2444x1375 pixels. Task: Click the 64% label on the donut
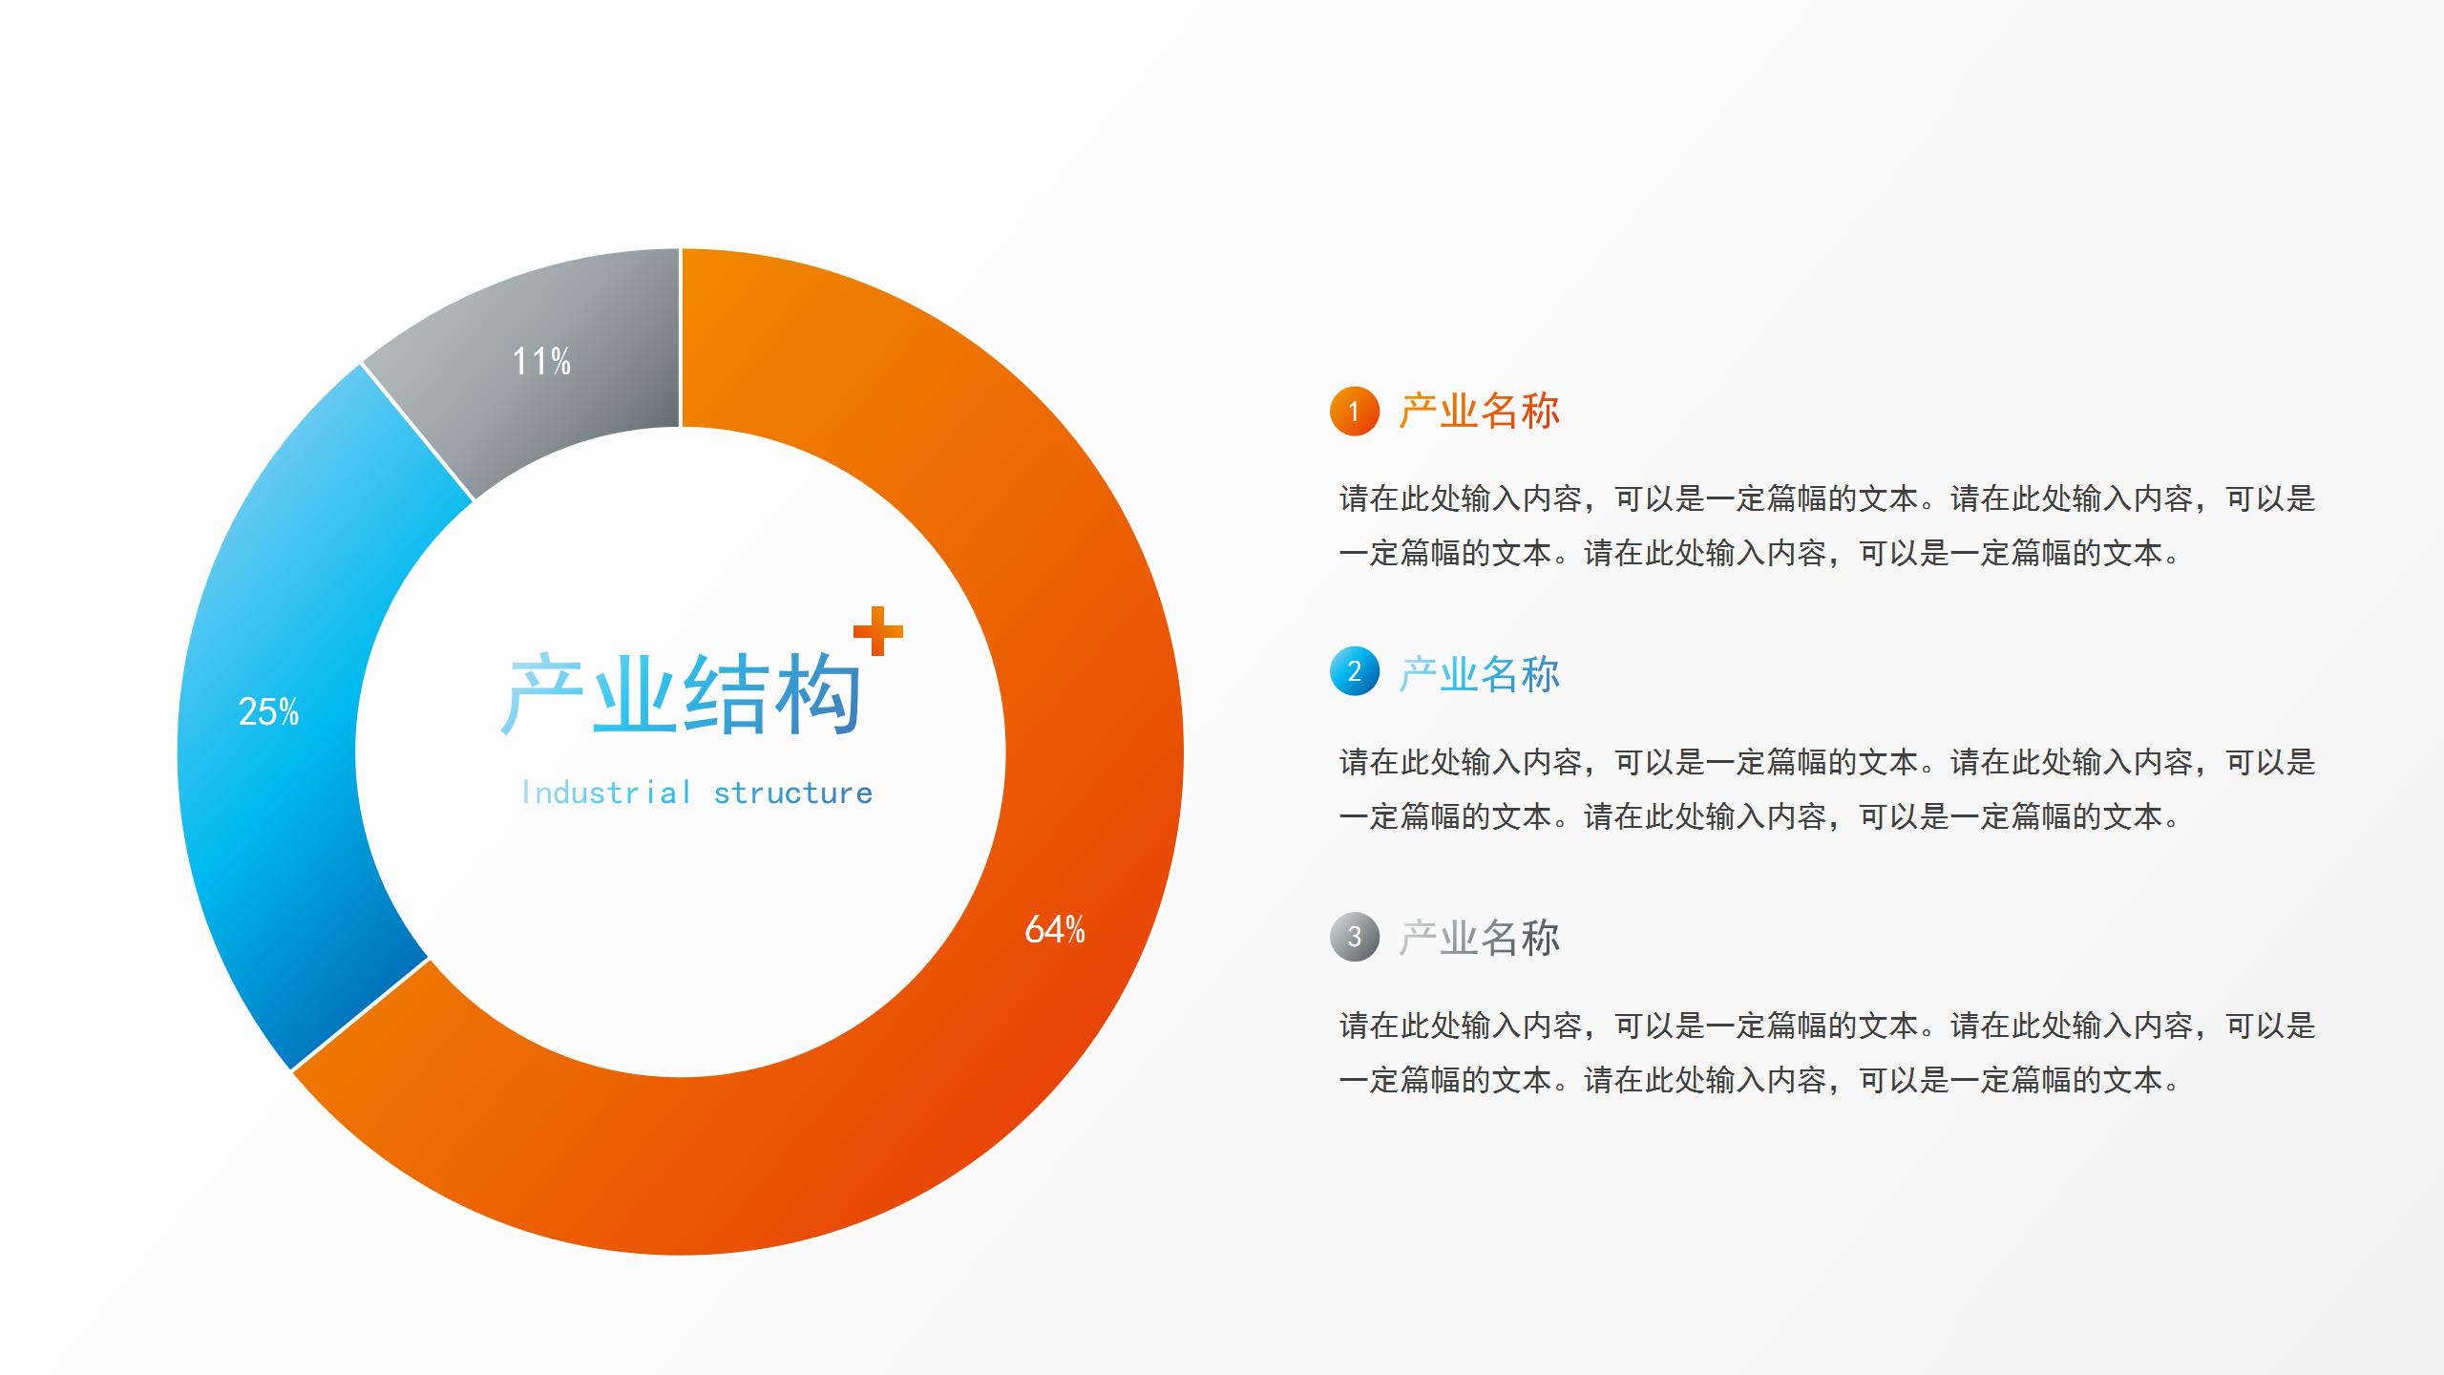coord(1054,929)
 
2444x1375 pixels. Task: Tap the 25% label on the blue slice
coord(268,711)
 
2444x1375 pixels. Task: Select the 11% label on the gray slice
coord(541,361)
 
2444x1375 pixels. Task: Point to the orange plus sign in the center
coord(877,631)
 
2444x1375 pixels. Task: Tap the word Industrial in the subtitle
coord(605,793)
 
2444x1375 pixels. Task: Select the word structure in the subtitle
coord(792,793)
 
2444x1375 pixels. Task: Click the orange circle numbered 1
coord(1354,412)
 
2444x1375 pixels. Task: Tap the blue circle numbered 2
coord(1354,671)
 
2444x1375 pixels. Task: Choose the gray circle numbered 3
coord(1354,936)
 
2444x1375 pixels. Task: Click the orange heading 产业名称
coord(1479,412)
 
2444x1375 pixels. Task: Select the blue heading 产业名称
coord(1479,674)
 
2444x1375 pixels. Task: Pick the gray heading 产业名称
coord(1479,938)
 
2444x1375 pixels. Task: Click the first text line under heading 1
coord(1827,498)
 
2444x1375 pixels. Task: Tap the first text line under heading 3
coord(1827,1026)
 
